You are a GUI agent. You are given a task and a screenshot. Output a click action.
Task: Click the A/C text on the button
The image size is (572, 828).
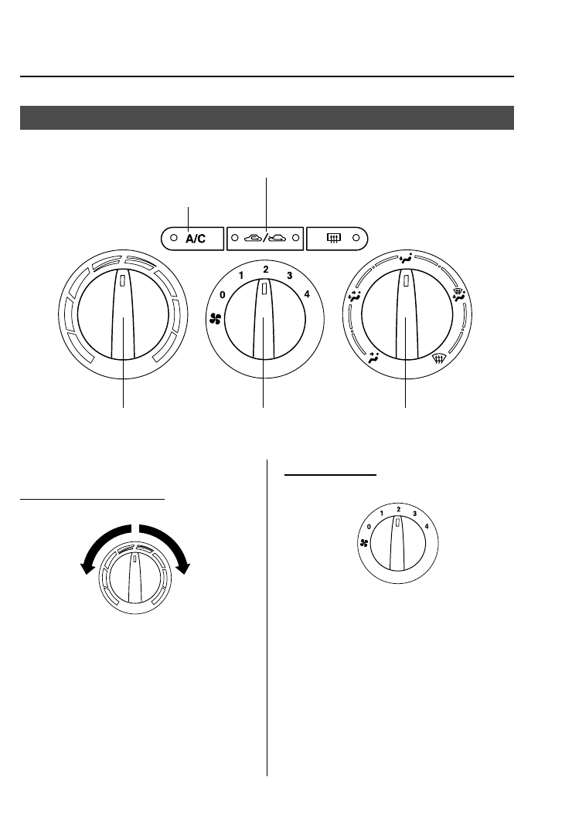(195, 239)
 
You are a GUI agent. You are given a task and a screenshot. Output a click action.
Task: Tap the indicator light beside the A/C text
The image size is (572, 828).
(173, 238)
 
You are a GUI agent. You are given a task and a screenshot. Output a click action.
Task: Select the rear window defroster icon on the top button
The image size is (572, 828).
(334, 238)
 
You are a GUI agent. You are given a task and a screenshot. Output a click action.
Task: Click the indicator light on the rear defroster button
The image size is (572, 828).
(356, 238)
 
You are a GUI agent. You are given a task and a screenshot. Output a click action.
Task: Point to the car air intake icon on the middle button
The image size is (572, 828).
(265, 238)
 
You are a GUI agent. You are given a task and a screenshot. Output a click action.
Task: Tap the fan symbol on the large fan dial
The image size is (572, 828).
(215, 318)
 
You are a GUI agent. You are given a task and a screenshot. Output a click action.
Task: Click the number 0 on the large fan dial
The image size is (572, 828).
(223, 294)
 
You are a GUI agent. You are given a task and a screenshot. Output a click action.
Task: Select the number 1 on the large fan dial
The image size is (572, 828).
(241, 276)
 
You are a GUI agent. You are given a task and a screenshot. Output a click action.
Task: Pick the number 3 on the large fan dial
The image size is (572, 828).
(289, 275)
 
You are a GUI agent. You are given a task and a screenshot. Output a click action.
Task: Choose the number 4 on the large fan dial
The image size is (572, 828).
(307, 294)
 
